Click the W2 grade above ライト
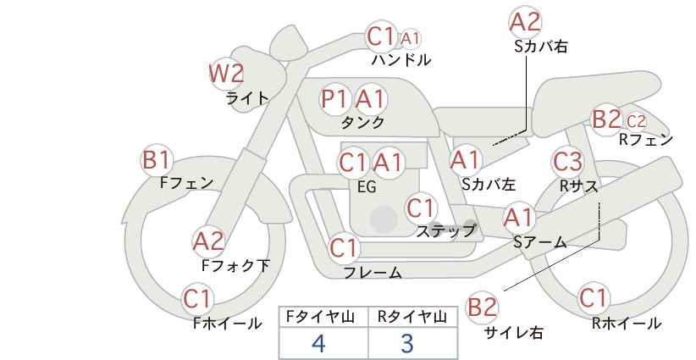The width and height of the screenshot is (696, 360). point(227,73)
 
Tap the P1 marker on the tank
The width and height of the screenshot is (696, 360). point(334,98)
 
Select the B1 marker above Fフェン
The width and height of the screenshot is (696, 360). point(156,160)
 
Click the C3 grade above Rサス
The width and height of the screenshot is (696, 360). point(566,162)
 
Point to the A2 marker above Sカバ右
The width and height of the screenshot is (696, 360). point(525,22)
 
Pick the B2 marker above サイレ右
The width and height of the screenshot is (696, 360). point(482,307)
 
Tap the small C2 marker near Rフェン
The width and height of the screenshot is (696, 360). point(636,121)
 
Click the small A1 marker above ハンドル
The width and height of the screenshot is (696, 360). point(410,39)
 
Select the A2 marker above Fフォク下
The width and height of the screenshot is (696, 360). point(208,242)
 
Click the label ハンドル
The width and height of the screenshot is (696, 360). point(400,59)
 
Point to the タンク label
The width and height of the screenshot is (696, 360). point(362,122)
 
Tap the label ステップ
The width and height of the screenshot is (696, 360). point(445,231)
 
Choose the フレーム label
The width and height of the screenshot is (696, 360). point(373,272)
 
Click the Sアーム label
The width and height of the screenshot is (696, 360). point(539,242)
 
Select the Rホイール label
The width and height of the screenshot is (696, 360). point(627,324)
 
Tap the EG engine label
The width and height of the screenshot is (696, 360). point(367,187)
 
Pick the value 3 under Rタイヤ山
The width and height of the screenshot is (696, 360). point(406,343)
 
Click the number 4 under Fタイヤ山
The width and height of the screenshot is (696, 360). point(318,343)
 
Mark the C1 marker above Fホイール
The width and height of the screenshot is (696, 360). point(197,299)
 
